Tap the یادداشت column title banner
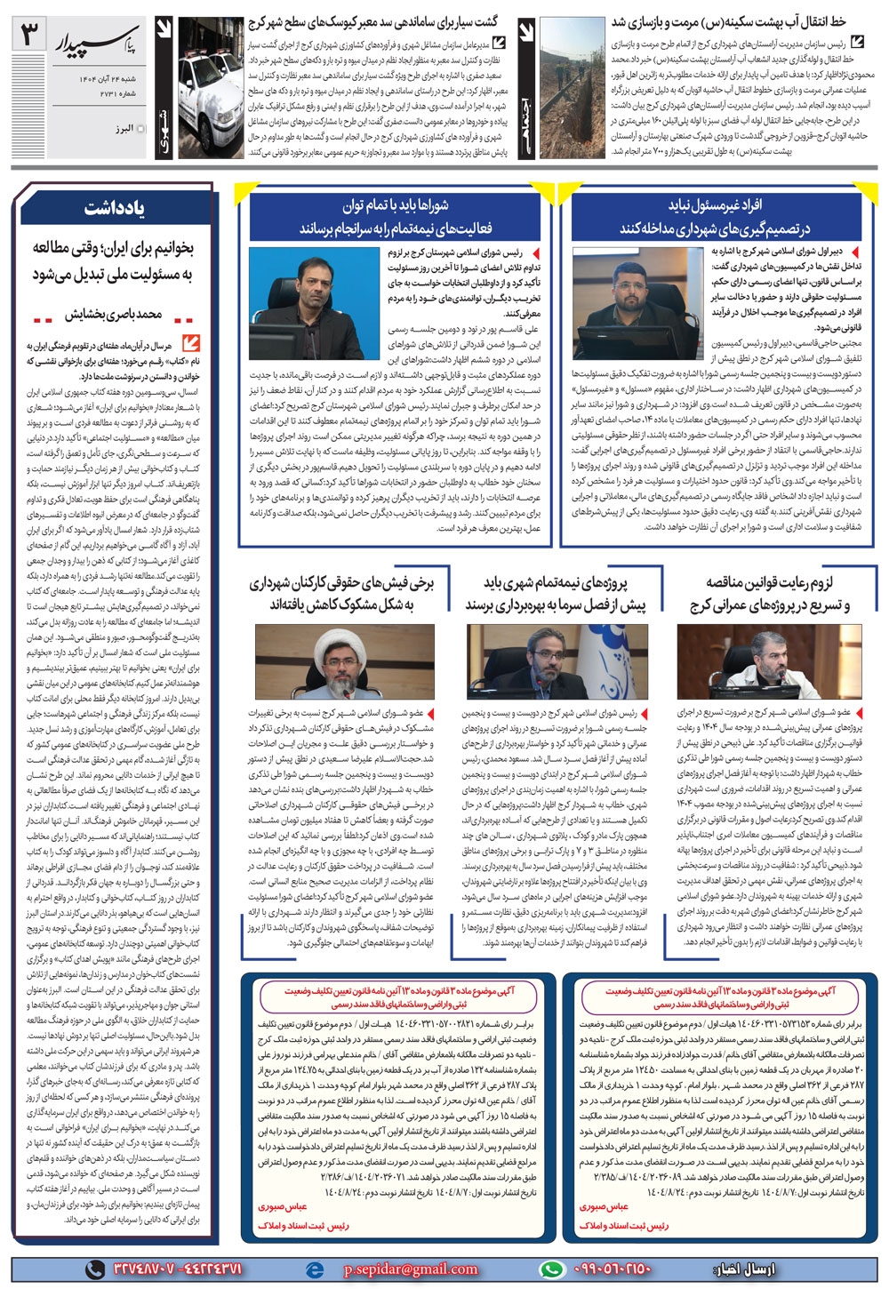click(x=114, y=209)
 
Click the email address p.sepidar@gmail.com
click(x=411, y=1269)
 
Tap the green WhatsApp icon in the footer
click(x=551, y=1269)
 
